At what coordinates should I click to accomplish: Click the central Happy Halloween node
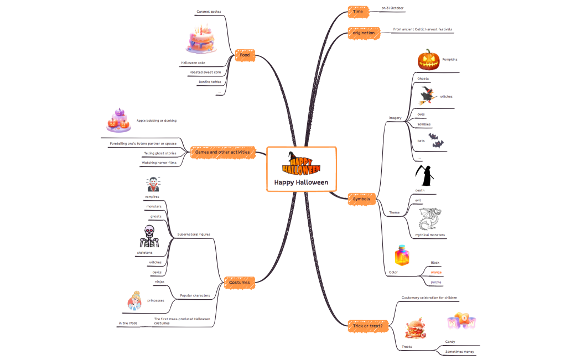[302, 169]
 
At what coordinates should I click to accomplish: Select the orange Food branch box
[245, 55]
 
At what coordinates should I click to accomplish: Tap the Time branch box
[357, 11]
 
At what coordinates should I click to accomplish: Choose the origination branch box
[364, 33]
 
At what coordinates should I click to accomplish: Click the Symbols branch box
[361, 199]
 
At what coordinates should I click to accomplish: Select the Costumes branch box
[238, 282]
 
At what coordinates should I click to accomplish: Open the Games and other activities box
[222, 152]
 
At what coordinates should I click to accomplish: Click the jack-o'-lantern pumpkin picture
[428, 60]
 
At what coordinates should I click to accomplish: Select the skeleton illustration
[148, 237]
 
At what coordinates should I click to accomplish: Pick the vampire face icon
[152, 184]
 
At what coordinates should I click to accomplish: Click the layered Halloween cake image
[201, 39]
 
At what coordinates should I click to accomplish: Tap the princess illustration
[134, 301]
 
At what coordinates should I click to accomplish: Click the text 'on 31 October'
[393, 8]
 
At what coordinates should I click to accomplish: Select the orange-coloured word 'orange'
[436, 272]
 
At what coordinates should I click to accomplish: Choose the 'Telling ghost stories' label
[160, 153]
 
